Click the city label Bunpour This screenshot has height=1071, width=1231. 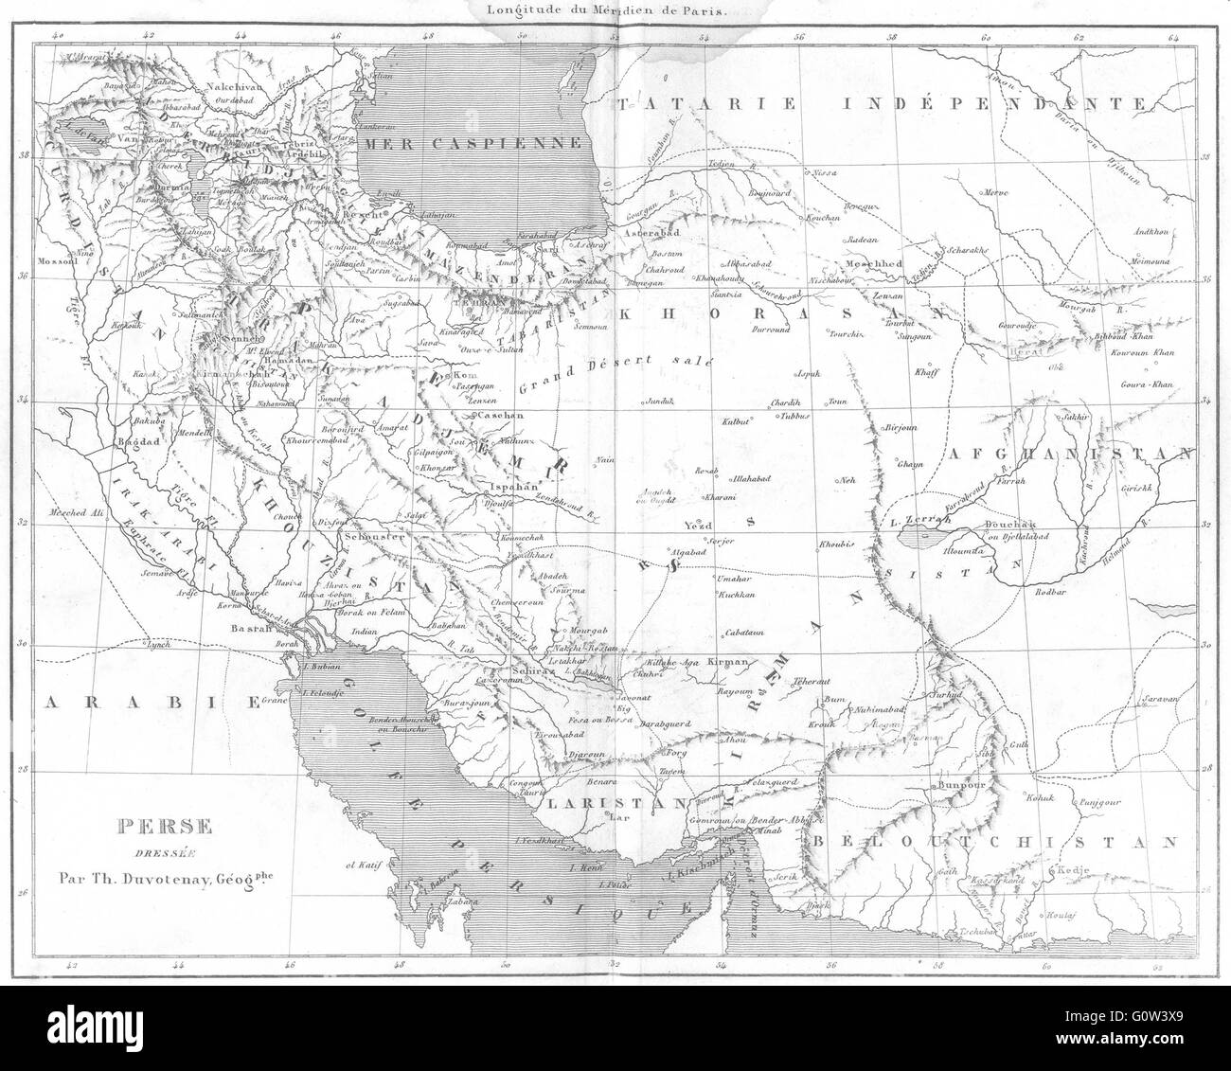point(963,785)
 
